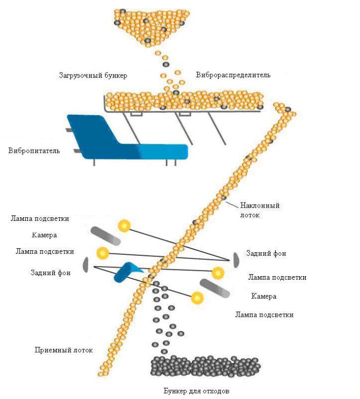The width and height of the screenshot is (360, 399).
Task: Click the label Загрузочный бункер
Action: point(92,76)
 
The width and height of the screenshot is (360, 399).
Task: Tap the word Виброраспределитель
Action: point(233,75)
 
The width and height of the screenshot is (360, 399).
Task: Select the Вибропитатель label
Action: point(34,151)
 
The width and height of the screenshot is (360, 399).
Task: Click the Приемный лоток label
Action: point(60,350)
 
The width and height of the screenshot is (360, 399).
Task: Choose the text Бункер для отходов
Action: point(199,391)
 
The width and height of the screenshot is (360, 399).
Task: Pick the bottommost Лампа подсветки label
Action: point(264,315)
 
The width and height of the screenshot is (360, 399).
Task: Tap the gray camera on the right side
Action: point(216,288)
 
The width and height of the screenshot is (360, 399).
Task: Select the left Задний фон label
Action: point(50,273)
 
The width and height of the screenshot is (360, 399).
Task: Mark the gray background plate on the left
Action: point(86,264)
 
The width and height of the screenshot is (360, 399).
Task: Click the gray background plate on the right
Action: point(236,259)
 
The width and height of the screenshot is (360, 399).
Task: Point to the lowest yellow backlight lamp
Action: point(197,298)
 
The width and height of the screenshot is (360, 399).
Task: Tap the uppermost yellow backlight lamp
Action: point(123,225)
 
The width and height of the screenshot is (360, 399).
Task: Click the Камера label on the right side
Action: point(264,296)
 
